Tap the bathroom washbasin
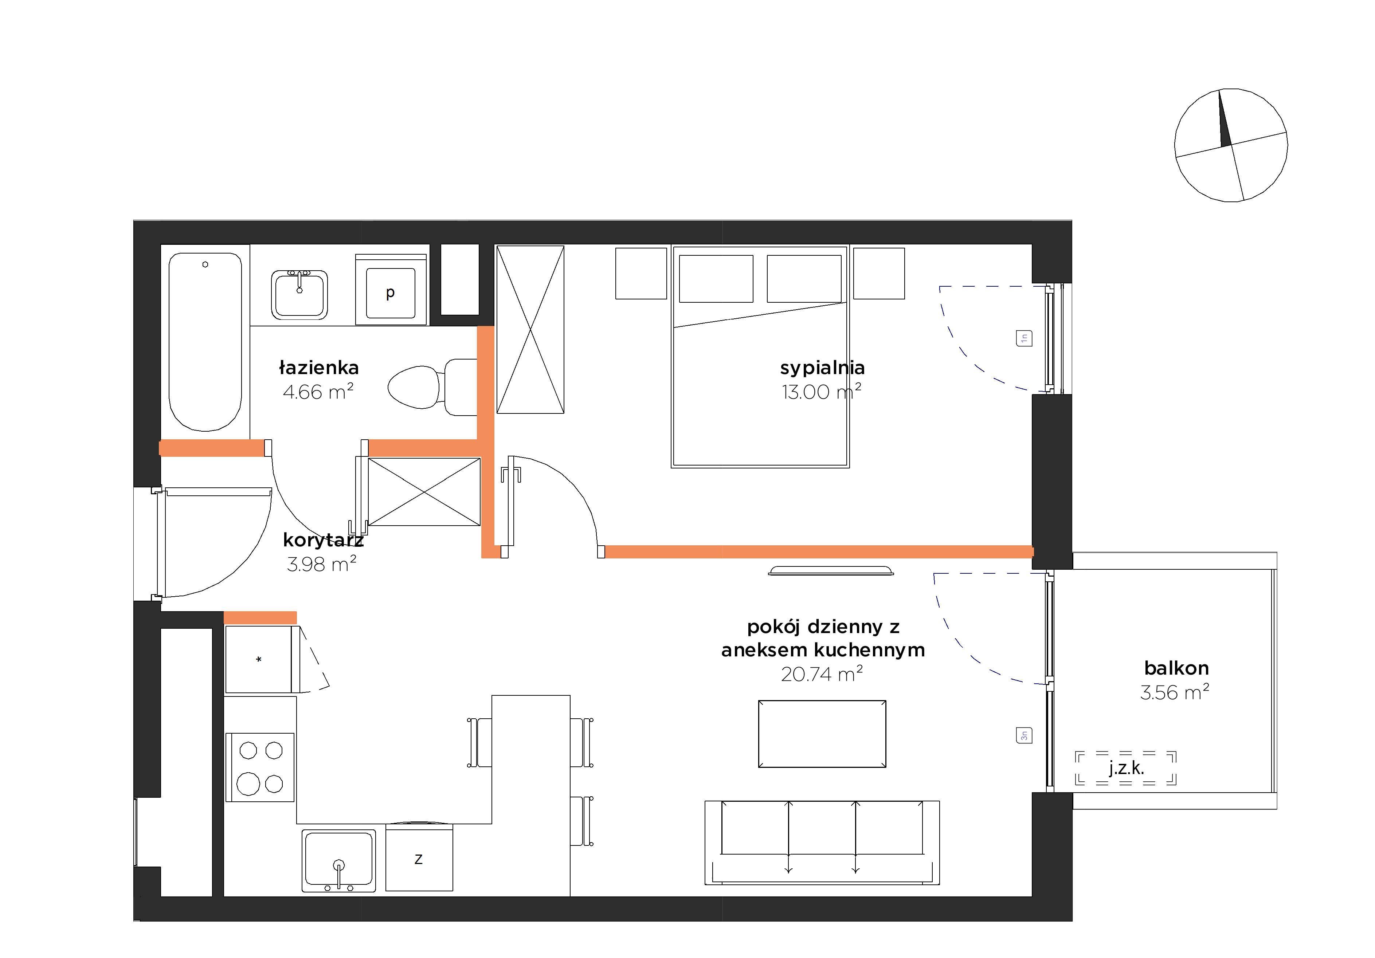pos(299,295)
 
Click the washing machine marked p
pos(391,290)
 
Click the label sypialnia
pos(822,368)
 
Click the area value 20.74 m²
pos(822,674)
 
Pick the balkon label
pos(1176,668)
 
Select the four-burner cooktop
pos(260,767)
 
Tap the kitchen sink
pos(338,860)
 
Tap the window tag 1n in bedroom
pos(1024,338)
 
